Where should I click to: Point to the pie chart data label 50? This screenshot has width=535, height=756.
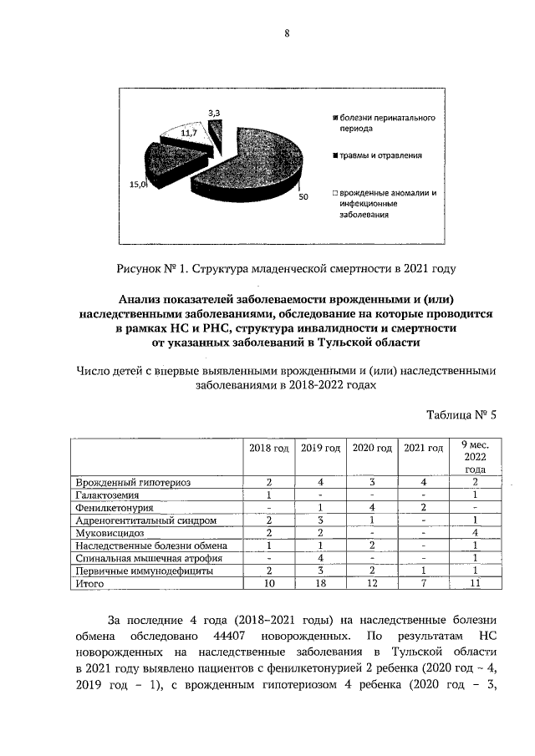pos(303,197)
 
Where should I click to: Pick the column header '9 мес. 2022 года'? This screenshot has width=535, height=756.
pos(474,457)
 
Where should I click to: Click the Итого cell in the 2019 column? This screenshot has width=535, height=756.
pos(320,584)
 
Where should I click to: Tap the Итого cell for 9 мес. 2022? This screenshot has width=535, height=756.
pos(474,584)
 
